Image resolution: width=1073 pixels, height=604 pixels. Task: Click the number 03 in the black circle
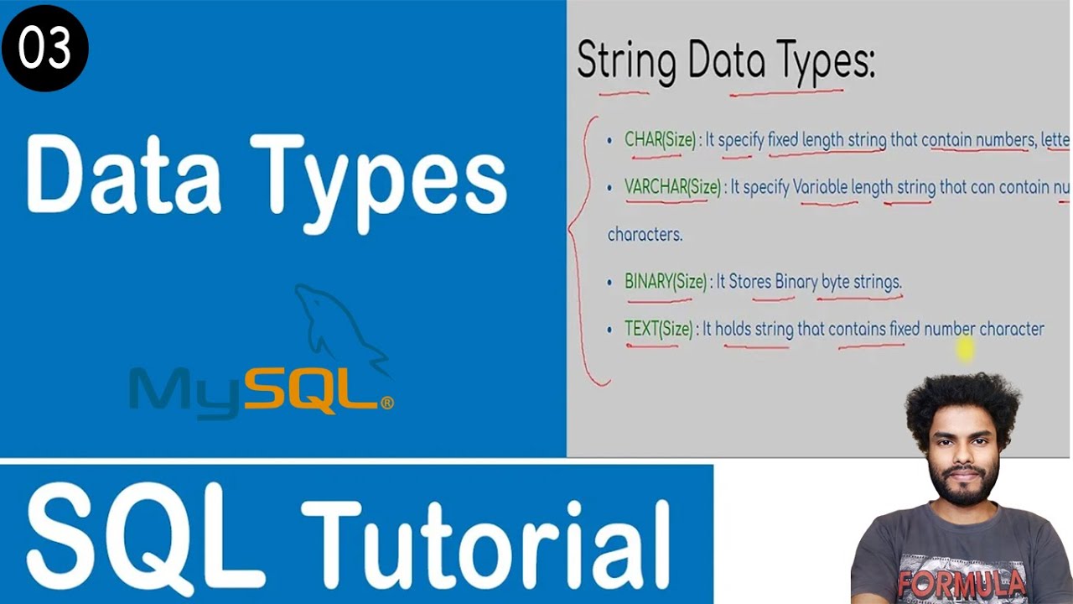44,49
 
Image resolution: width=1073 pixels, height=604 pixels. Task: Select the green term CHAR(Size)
660,140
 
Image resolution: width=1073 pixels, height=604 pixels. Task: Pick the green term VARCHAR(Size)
672,187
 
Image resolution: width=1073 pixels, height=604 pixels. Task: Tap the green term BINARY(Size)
666,282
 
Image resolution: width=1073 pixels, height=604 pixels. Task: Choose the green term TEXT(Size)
659,329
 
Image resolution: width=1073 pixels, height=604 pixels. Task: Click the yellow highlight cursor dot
964,348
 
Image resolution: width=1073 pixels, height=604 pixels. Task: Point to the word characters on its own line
645,235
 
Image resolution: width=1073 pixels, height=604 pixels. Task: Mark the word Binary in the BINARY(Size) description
796,282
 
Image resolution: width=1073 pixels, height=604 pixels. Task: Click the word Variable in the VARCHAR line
820,187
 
